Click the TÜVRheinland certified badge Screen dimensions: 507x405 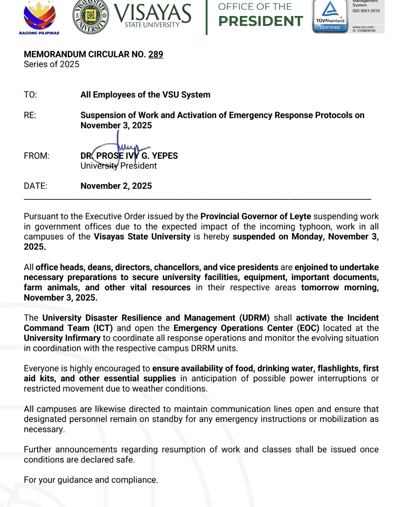[x=330, y=16]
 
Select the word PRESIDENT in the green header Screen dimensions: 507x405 [x=261, y=21]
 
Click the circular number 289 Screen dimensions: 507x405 [x=156, y=54]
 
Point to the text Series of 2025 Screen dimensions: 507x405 [x=52, y=64]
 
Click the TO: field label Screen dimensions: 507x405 [x=30, y=95]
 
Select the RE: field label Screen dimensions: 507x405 [x=30, y=115]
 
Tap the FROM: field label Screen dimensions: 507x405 [x=37, y=156]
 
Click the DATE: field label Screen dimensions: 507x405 [x=36, y=186]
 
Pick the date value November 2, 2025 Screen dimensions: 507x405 [x=116, y=186]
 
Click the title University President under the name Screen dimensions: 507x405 [x=119, y=166]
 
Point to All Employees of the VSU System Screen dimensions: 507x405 [x=145, y=95]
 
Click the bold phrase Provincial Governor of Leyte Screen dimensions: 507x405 [x=256, y=216]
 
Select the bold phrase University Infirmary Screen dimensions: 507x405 [x=62, y=338]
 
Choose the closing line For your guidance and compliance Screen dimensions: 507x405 [x=91, y=480]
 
